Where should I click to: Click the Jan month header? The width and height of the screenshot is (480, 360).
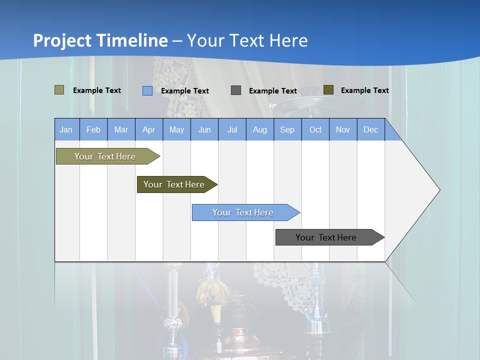point(66,129)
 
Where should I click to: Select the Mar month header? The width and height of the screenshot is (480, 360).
point(121,129)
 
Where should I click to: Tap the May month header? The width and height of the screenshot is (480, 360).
point(176,129)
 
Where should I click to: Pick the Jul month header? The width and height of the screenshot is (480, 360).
point(232,129)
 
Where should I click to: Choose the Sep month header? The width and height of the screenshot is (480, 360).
point(287,129)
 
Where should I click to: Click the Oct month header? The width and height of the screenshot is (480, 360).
point(315,129)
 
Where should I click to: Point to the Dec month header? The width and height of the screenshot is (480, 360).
point(370,129)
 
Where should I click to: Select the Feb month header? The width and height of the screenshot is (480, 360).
point(93,129)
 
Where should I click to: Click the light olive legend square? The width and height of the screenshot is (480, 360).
point(59,90)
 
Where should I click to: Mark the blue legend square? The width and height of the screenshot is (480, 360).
point(147,90)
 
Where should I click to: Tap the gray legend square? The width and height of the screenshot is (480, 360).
point(236,90)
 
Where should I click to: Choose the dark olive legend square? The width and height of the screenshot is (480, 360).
point(328,90)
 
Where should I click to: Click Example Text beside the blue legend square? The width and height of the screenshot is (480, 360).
point(184,91)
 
